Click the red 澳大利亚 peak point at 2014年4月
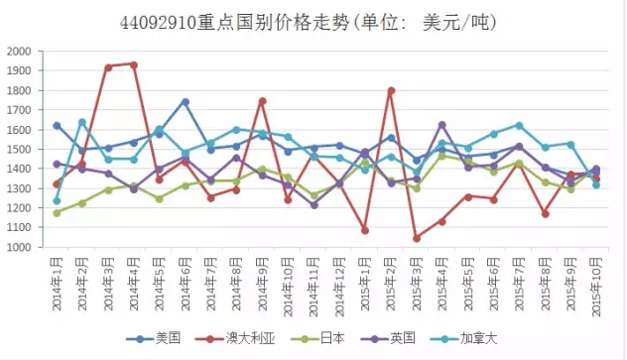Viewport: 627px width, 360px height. tap(134, 64)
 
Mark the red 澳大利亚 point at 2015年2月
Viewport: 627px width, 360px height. tap(391, 90)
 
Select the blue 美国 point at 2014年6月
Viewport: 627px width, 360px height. tap(185, 101)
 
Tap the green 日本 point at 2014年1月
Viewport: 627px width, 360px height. tap(57, 212)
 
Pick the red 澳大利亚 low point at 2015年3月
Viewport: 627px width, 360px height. tap(416, 238)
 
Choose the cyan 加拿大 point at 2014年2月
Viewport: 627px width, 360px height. tap(82, 122)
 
